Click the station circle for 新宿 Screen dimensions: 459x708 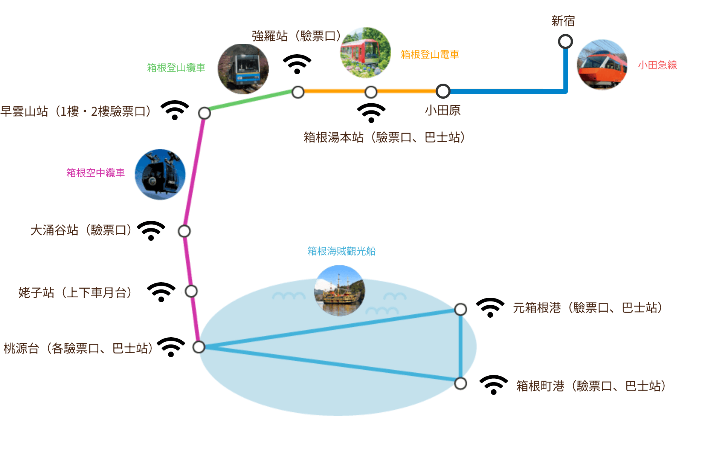point(565,41)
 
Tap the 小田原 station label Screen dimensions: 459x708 point(443,110)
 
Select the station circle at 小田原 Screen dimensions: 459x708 point(443,91)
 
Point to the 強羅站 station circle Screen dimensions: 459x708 point(298,92)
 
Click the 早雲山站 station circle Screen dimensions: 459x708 point(204,113)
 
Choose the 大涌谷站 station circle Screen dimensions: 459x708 point(184,231)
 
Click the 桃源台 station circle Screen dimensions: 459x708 point(198,347)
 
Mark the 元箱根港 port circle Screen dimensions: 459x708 point(460,309)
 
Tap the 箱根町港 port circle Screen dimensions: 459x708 point(460,384)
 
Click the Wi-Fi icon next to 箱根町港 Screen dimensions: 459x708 point(493,385)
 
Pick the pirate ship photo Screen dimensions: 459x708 point(339,291)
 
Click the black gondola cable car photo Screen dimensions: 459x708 point(160,174)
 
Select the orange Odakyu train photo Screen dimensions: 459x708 point(602,64)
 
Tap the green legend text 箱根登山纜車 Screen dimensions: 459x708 point(176,67)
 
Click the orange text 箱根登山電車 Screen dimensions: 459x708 point(430,55)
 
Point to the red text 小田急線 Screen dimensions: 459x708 point(657,65)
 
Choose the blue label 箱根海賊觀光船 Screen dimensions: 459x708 point(341,251)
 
